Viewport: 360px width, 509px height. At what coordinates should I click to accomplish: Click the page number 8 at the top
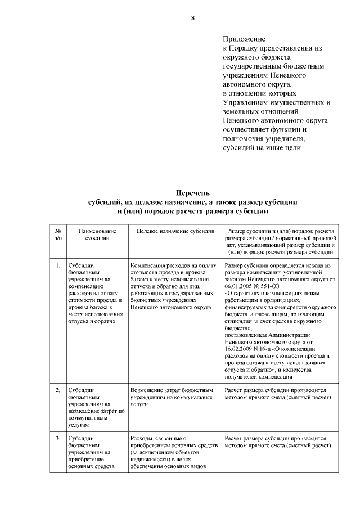point(193,18)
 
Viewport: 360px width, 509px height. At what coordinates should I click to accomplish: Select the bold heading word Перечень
point(192,193)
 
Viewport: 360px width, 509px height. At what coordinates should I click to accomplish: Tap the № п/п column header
point(57,235)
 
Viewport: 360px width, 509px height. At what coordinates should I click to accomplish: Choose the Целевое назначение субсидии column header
point(176,231)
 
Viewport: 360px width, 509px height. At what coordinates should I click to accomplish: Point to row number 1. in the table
point(57,264)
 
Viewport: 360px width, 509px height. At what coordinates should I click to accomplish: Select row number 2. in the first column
point(57,390)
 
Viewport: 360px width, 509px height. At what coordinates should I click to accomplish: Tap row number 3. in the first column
point(57,438)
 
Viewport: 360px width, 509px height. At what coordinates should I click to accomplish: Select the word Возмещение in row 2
point(147,390)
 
